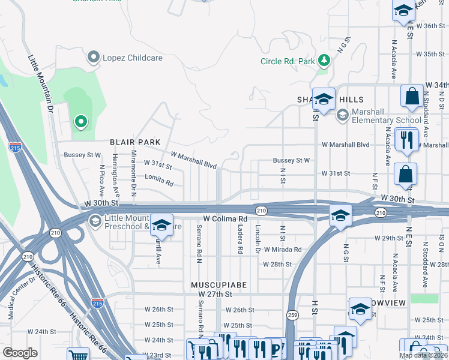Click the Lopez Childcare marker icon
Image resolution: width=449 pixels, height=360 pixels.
(93, 58)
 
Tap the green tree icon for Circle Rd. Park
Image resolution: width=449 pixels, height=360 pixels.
(324, 61)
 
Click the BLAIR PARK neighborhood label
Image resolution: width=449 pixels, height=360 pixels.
(135, 142)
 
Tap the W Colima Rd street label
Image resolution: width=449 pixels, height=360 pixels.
(226, 219)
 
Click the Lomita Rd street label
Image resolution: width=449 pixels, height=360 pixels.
(159, 178)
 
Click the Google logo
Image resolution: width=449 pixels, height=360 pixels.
(20, 353)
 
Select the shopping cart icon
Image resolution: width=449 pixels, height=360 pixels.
(78, 355)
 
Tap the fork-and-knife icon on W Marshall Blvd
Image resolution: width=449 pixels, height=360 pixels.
(407, 140)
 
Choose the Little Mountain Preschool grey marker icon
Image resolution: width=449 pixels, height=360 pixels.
(95, 221)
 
